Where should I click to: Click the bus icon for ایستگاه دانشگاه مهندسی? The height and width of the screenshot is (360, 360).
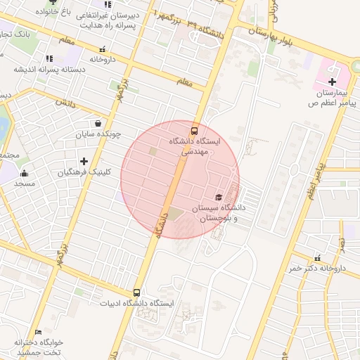click(195, 130)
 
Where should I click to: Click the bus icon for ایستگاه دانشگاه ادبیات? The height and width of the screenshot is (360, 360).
click(136, 293)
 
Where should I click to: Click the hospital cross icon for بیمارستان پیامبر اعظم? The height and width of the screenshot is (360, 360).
click(333, 83)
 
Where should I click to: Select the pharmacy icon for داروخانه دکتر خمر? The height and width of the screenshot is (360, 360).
click(318, 258)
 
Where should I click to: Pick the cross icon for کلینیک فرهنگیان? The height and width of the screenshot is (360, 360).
click(84, 161)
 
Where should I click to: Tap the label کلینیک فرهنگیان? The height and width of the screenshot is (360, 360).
click(82, 172)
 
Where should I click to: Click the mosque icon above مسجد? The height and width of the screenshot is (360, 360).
click(25, 173)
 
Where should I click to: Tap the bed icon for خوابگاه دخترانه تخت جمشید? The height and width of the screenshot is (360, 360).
click(38, 332)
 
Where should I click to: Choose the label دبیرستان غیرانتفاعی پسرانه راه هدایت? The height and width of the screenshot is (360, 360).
click(106, 20)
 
